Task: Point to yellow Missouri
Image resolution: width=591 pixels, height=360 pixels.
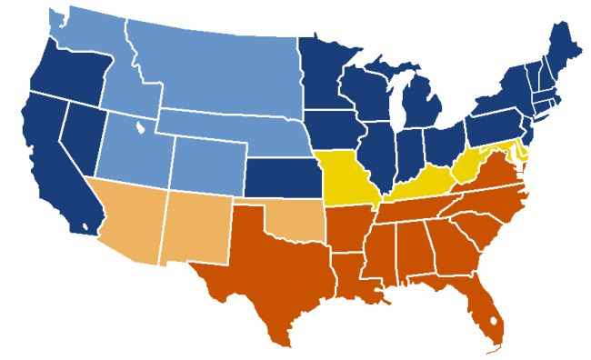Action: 350,182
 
